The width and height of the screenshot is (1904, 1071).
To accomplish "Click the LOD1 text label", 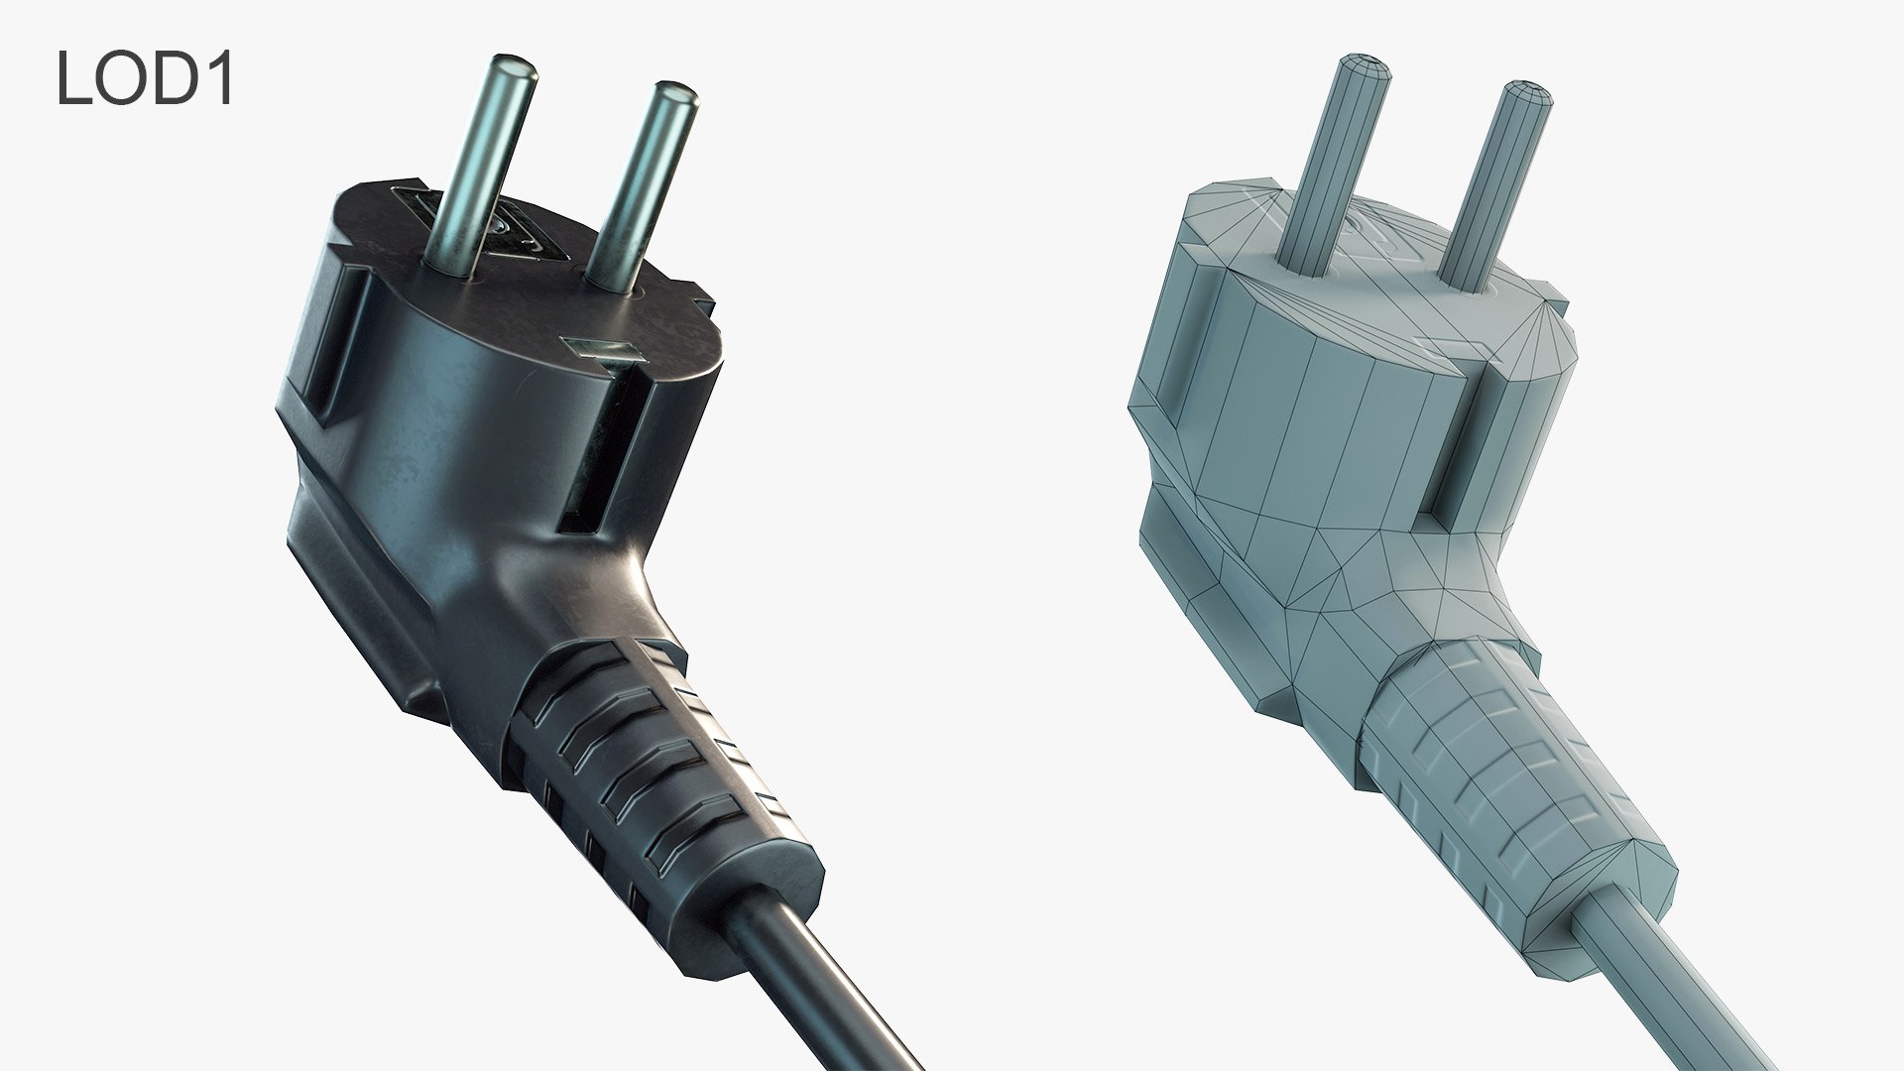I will [145, 78].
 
